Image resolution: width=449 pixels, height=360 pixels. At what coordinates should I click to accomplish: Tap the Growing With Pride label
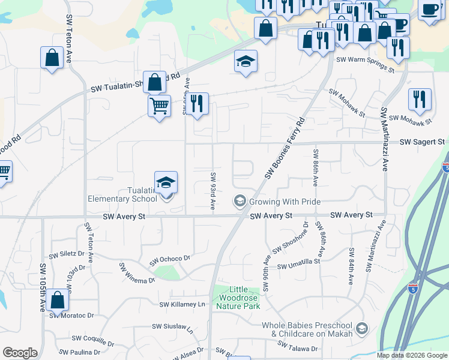pyautogui.click(x=285, y=202)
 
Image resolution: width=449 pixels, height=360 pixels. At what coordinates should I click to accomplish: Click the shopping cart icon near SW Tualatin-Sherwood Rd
pyautogui.click(x=159, y=106)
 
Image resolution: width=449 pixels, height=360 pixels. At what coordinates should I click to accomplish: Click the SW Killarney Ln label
pyautogui.click(x=182, y=304)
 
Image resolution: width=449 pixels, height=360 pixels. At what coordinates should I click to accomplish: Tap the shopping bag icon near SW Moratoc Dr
pyautogui.click(x=57, y=299)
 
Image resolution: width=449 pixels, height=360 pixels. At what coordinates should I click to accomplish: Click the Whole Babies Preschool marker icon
pyautogui.click(x=361, y=328)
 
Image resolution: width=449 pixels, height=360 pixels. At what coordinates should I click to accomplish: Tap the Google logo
pyautogui.click(x=20, y=353)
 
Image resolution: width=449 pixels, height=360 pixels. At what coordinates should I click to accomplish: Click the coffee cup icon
pyautogui.click(x=430, y=10)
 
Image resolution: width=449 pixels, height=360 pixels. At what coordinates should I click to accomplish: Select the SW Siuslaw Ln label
pyautogui.click(x=172, y=328)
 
